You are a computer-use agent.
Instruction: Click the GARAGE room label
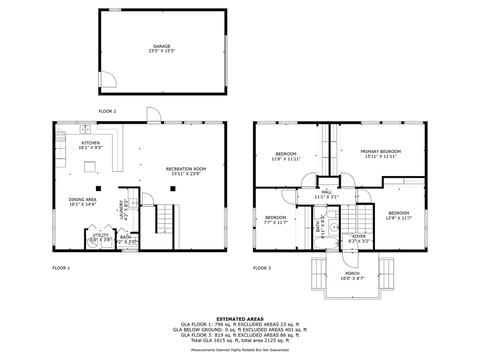click(162, 46)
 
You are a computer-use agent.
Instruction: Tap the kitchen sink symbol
click(85, 129)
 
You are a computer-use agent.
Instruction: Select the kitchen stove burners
click(60, 136)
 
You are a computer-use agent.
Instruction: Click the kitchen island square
click(90, 167)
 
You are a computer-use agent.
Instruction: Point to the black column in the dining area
click(98, 188)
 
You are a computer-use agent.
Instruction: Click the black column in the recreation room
click(173, 188)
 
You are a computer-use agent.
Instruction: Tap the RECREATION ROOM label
click(186, 169)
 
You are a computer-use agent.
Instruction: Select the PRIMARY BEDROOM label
click(381, 152)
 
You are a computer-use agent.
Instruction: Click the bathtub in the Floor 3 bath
click(326, 243)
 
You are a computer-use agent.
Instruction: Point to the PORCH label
click(352, 274)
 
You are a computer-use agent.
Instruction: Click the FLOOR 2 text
click(107, 111)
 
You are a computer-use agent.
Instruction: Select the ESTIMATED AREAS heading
click(240, 319)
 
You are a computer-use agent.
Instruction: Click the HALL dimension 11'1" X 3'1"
click(327, 197)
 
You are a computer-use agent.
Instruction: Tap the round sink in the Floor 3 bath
click(334, 227)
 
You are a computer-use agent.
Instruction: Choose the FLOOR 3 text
click(262, 268)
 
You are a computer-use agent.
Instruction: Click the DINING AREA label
click(82, 199)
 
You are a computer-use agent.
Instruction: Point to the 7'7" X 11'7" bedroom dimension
click(275, 222)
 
